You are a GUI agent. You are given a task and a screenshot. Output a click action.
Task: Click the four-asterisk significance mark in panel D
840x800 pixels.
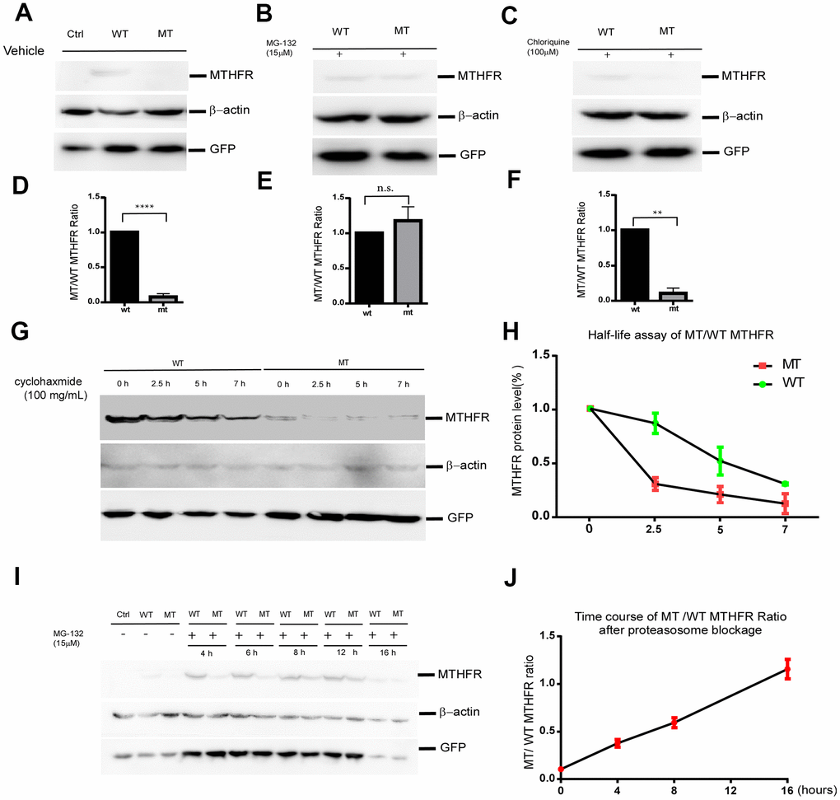click(145, 206)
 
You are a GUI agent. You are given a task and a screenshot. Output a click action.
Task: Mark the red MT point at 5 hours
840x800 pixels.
click(720, 494)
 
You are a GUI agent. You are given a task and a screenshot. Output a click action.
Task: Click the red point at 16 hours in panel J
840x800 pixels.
click(788, 669)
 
